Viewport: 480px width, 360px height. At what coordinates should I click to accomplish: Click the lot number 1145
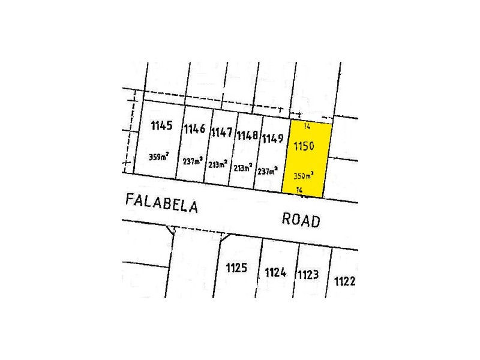tap(162, 126)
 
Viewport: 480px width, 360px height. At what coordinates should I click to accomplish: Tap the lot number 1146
tap(195, 129)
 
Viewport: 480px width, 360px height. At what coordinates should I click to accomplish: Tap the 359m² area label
tap(159, 157)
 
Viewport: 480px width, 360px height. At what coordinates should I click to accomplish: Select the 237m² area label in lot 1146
tap(193, 160)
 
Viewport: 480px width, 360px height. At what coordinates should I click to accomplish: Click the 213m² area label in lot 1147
tap(218, 163)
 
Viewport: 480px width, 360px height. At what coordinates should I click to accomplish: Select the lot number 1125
tap(236, 268)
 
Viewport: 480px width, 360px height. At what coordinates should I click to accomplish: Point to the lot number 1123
tap(307, 275)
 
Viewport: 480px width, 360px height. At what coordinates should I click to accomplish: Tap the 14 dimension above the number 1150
tap(307, 126)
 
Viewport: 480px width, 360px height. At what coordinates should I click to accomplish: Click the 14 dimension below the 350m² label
tap(300, 190)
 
